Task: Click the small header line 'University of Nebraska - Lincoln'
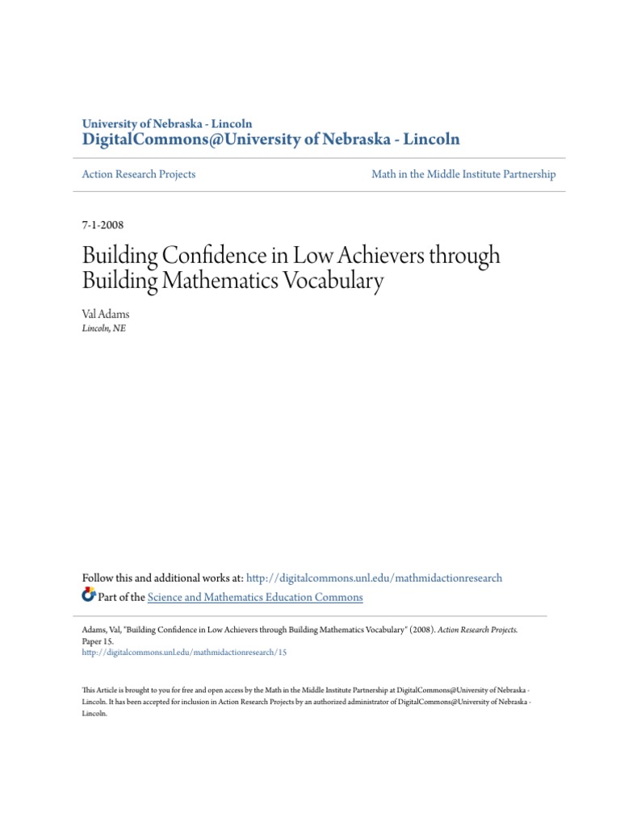tap(167, 124)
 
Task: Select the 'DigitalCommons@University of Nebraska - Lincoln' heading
tap(271, 140)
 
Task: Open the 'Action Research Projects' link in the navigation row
tap(139, 174)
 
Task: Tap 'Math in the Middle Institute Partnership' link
tap(463, 174)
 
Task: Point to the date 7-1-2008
tap(103, 225)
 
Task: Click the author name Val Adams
tap(105, 314)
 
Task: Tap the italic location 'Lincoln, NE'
tap(104, 328)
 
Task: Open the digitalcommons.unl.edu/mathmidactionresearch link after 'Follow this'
tap(374, 578)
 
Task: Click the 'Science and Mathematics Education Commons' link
tap(255, 598)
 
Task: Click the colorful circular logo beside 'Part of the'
tap(89, 596)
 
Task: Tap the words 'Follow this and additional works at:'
tap(162, 578)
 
